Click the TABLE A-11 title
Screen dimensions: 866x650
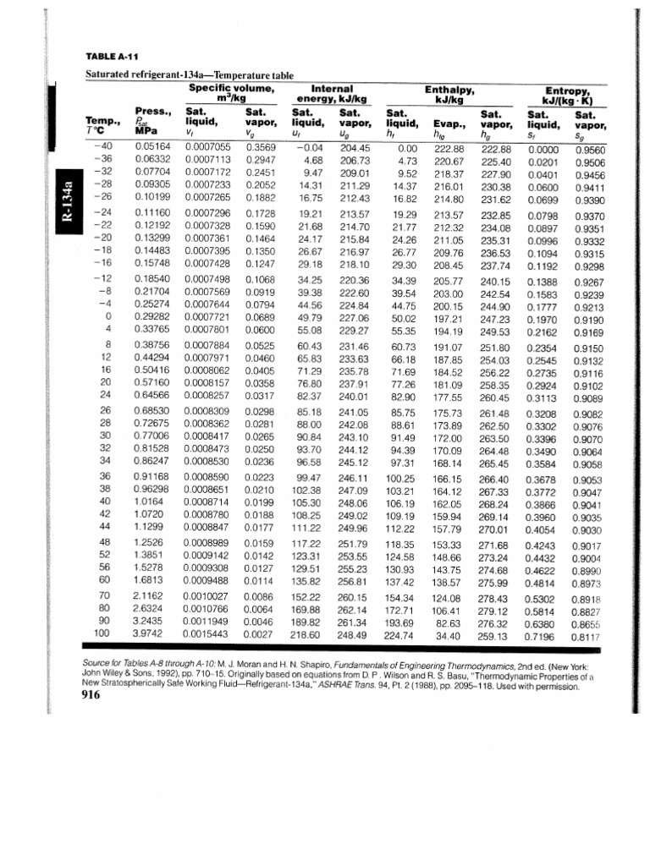[x=112, y=58]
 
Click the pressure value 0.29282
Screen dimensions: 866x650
[x=154, y=316]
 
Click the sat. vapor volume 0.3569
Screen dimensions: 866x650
[x=261, y=146]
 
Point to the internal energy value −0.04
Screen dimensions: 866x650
[x=311, y=146]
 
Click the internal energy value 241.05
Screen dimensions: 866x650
[x=355, y=412]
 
